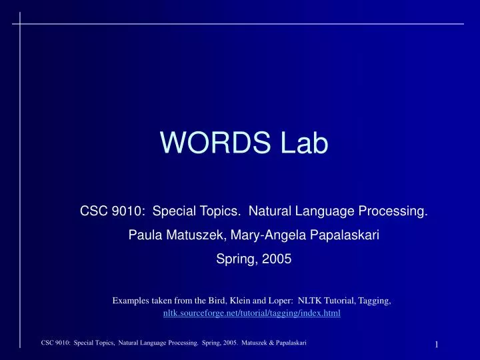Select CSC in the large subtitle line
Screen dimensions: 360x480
[x=93, y=213]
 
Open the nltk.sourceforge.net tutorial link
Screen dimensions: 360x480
[x=252, y=313]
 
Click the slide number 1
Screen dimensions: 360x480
[x=436, y=344]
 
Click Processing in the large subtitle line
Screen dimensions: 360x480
[x=393, y=213]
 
